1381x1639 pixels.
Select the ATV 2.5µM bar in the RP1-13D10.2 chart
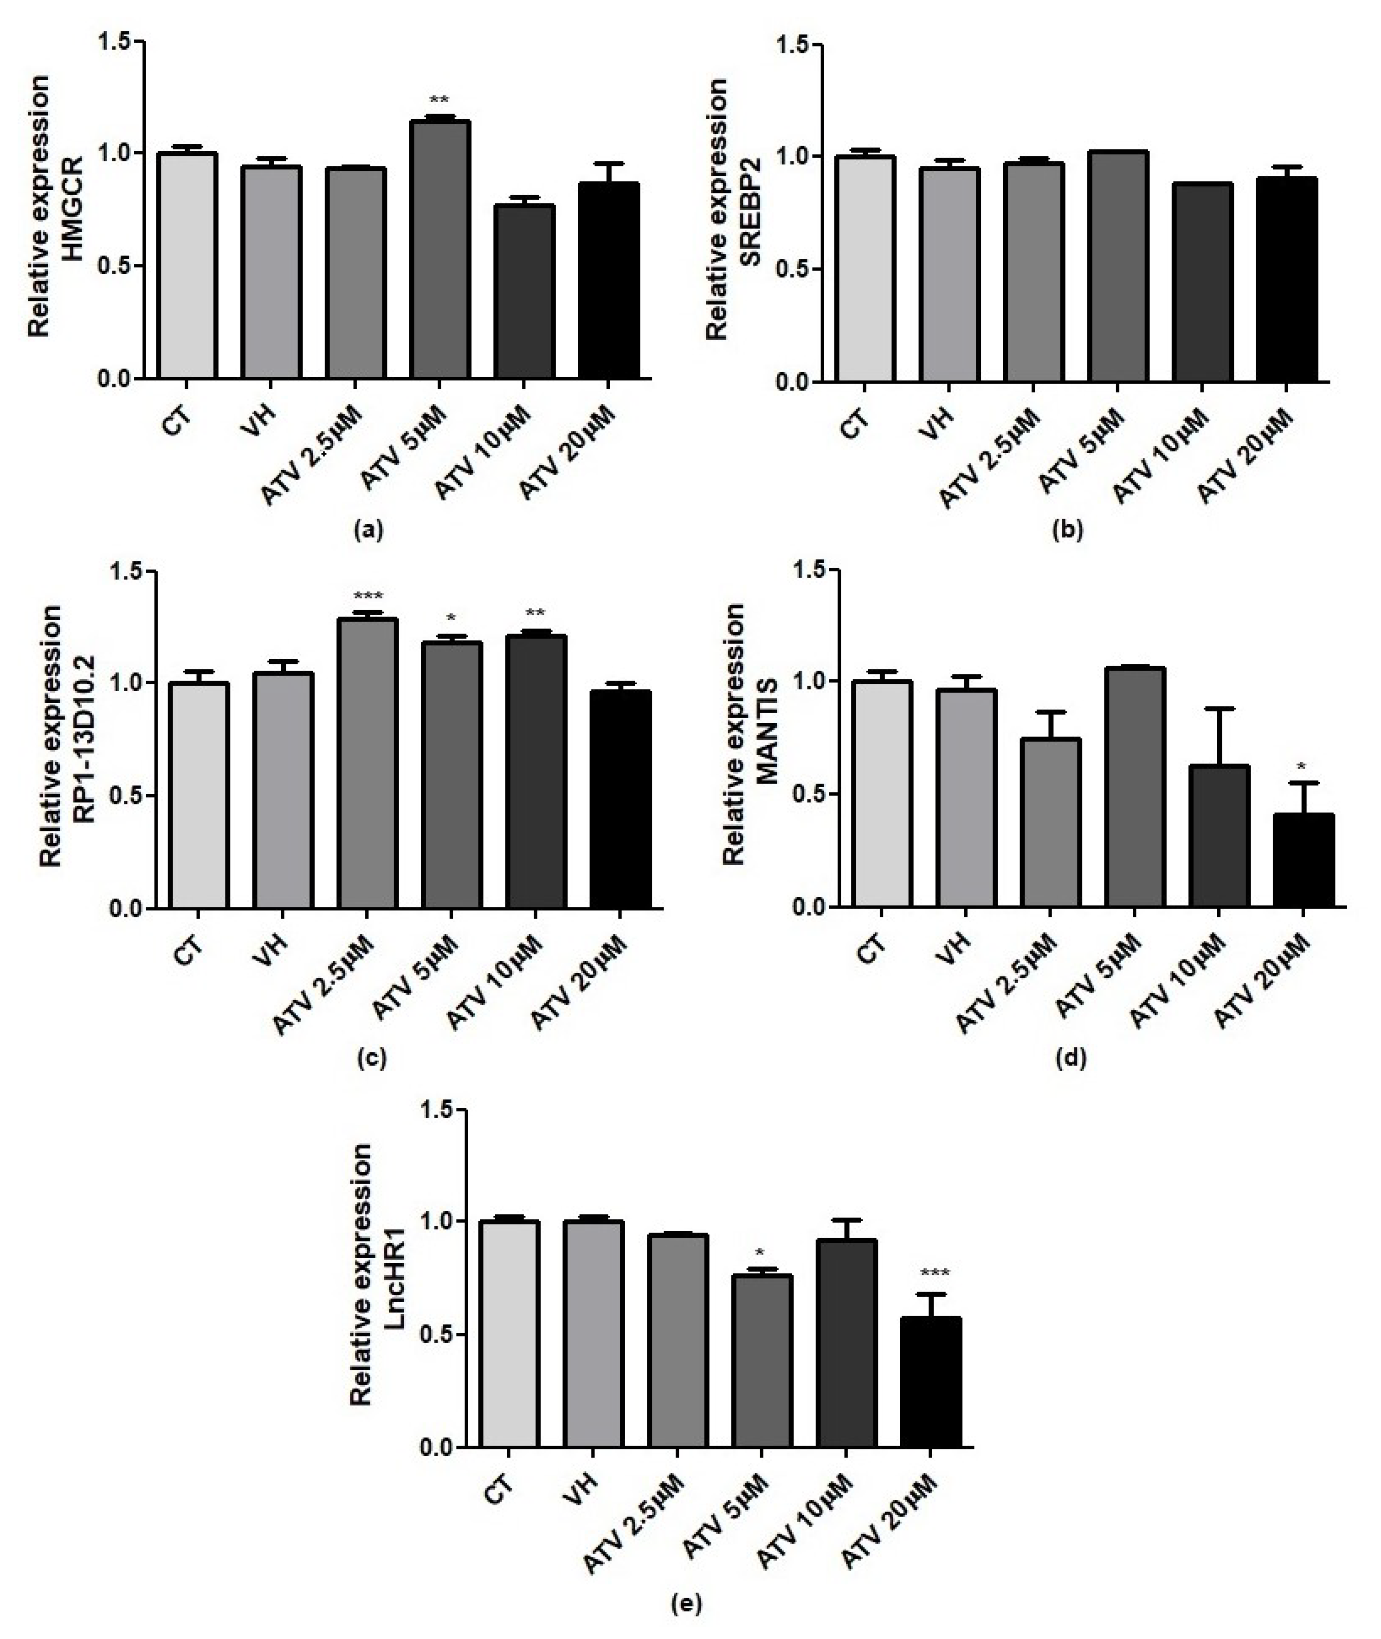tap(368, 763)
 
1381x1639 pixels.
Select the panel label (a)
tap(369, 532)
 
